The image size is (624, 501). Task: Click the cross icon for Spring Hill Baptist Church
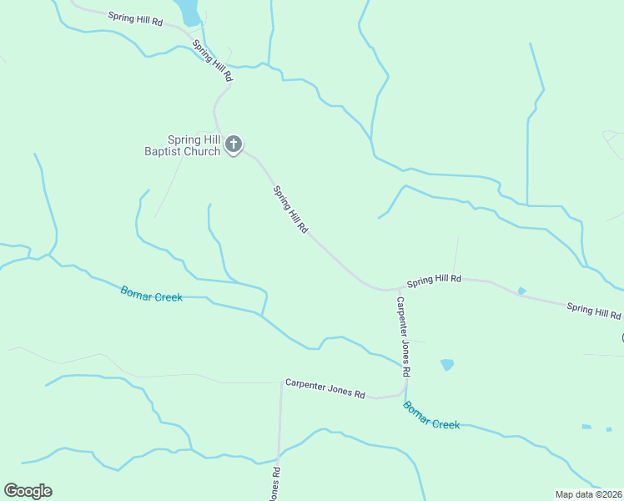pyautogui.click(x=234, y=144)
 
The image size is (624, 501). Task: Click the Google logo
pyautogui.click(x=28, y=491)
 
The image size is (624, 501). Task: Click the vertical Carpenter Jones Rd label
pyautogui.click(x=404, y=335)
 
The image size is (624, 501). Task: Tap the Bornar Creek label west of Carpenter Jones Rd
pyautogui.click(x=151, y=294)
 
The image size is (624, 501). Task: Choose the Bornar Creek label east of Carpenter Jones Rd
pyautogui.click(x=431, y=415)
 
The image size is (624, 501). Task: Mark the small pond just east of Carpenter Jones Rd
pyautogui.click(x=447, y=365)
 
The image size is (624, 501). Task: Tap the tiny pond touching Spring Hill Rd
pyautogui.click(x=521, y=291)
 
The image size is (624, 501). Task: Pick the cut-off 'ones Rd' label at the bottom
pyautogui.click(x=274, y=483)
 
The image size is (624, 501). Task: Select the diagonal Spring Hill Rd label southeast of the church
pyautogui.click(x=291, y=210)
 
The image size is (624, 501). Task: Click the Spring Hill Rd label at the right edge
pyautogui.click(x=594, y=311)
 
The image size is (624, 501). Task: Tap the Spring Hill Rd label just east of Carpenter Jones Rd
pyautogui.click(x=434, y=280)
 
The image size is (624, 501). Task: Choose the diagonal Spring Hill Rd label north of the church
pyautogui.click(x=213, y=61)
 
